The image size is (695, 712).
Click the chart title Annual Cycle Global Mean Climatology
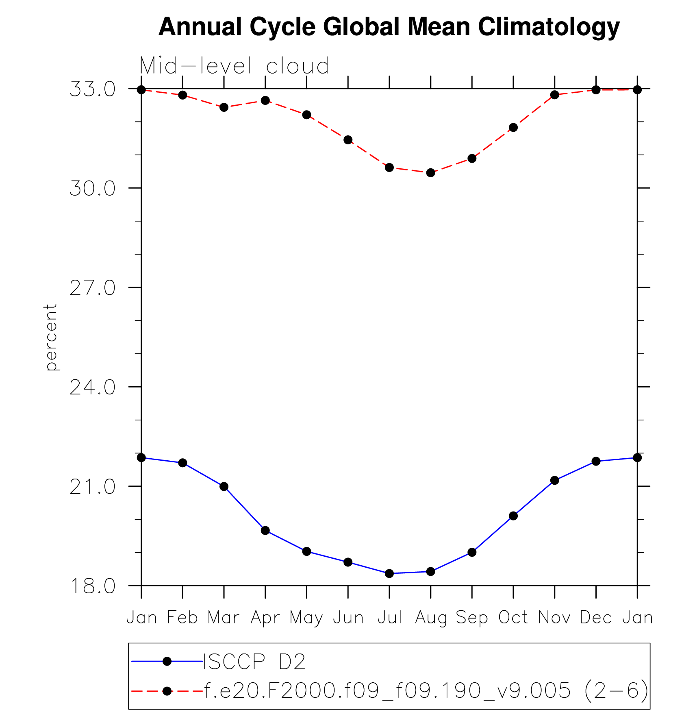click(x=389, y=27)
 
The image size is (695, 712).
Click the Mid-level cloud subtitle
click(x=234, y=66)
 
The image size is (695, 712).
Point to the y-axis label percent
click(x=51, y=337)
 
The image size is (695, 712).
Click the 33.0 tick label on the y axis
click(x=93, y=89)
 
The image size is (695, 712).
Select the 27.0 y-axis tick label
click(x=93, y=288)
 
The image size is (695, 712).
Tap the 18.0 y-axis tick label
click(x=93, y=586)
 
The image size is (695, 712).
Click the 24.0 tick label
click(x=93, y=388)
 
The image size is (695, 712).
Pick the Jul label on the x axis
click(x=389, y=618)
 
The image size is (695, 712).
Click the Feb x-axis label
click(x=182, y=618)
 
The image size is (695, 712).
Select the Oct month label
click(x=513, y=618)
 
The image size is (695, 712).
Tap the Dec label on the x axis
click(x=596, y=618)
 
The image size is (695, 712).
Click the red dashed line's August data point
click(x=431, y=173)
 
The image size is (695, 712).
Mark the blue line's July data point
click(x=389, y=573)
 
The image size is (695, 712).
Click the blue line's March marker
click(x=224, y=486)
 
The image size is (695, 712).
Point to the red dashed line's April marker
click(x=265, y=100)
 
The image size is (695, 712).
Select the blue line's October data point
click(x=513, y=516)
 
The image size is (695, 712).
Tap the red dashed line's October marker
click(x=513, y=127)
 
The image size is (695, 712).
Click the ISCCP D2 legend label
click(x=254, y=662)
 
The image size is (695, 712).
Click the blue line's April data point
click(x=265, y=530)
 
